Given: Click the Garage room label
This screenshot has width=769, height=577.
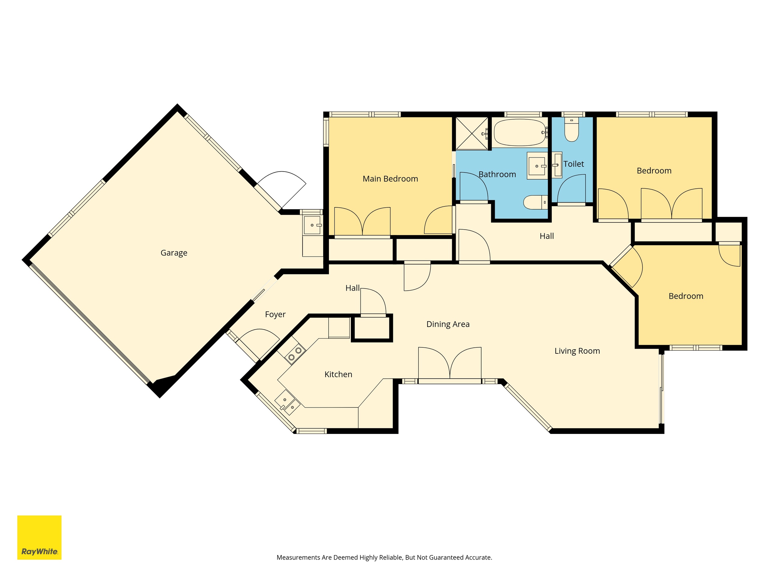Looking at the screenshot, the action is point(174,253).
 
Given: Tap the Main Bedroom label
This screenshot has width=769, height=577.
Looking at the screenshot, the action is point(390,179).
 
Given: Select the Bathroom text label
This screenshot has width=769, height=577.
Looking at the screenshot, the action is point(497,174).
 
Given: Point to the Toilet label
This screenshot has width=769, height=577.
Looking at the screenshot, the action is point(574,164).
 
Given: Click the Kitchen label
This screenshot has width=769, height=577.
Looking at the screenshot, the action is point(338,374).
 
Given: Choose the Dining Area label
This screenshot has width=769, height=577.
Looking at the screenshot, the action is point(448,324).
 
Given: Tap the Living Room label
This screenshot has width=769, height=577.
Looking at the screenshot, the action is point(577,351).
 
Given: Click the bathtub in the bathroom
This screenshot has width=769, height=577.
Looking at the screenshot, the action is point(520,133).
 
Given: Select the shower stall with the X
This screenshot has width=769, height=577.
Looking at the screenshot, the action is point(471,133).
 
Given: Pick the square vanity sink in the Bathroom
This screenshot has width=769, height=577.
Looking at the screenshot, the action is point(537,166).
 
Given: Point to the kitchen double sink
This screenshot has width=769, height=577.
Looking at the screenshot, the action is point(287,402).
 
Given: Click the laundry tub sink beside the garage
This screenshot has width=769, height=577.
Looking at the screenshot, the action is point(312,225).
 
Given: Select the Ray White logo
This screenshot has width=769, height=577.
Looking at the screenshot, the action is point(39,537).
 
